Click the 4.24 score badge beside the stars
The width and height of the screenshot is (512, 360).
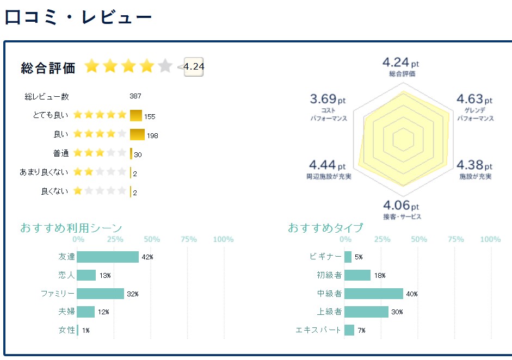click(x=194, y=67)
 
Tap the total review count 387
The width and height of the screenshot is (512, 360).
click(x=135, y=96)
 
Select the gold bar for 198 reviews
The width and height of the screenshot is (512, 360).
click(x=137, y=134)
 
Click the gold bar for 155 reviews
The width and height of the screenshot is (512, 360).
click(x=136, y=115)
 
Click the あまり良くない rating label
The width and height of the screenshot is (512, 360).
click(x=44, y=172)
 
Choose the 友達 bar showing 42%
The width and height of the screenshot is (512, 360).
click(x=108, y=257)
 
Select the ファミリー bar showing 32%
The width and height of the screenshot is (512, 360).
click(x=101, y=294)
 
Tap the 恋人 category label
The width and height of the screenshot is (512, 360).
click(x=66, y=275)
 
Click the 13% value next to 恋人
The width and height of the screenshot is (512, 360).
click(x=105, y=276)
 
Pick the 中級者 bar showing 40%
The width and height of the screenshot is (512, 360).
click(x=374, y=294)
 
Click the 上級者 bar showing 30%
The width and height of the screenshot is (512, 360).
click(x=367, y=312)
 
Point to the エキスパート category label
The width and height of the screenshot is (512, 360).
click(x=318, y=330)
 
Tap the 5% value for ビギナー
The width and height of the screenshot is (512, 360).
click(x=359, y=257)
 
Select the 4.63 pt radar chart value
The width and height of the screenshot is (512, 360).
click(x=474, y=100)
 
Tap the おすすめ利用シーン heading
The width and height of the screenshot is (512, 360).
click(x=71, y=227)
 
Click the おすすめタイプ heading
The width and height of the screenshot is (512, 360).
click(x=325, y=227)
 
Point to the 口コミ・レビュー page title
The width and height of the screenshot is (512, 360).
click(x=78, y=17)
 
